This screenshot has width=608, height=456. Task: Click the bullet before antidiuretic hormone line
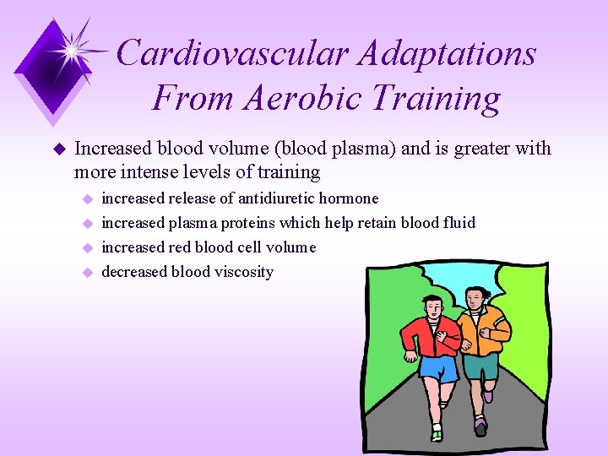pyautogui.click(x=85, y=198)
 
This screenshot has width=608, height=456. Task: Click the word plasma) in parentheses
pyautogui.click(x=367, y=149)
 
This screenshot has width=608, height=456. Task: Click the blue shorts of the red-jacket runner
pyautogui.click(x=437, y=368)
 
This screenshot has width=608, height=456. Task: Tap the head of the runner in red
pyautogui.click(x=434, y=307)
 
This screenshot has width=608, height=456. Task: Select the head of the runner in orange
pyautogui.click(x=477, y=297)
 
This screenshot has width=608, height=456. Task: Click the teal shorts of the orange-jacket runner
pyautogui.click(x=480, y=366)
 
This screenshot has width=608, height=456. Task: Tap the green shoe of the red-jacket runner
pyautogui.click(x=437, y=435)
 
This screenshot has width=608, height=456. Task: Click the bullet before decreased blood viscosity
pyautogui.click(x=85, y=272)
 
